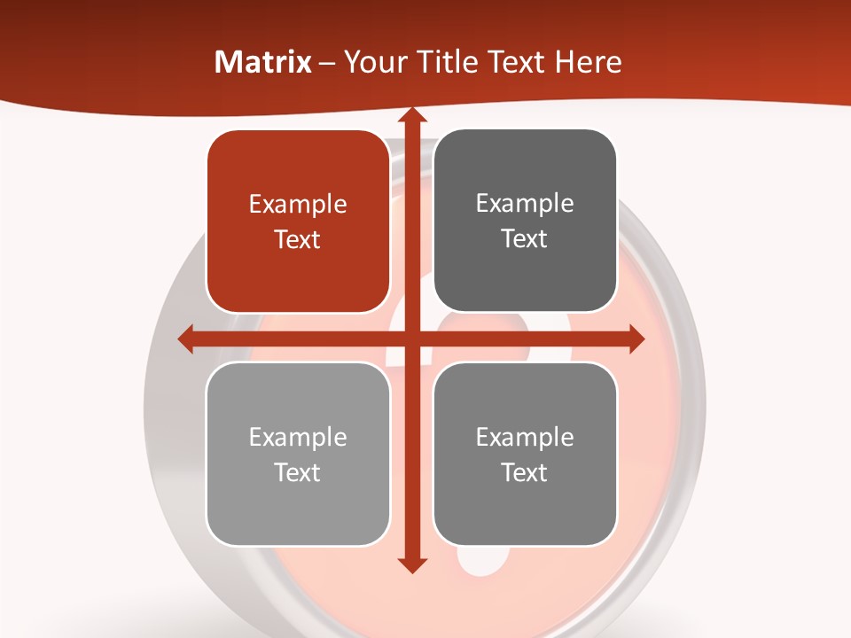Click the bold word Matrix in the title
point(263,62)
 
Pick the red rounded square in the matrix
point(298,222)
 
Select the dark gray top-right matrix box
point(525,221)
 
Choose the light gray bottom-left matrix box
point(298,454)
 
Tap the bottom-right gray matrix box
point(525,454)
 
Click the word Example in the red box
point(298,205)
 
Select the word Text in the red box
point(298,240)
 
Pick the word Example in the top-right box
point(525,204)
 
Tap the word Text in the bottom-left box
point(298,472)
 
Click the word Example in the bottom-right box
point(525,437)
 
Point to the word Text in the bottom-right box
point(525,472)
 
